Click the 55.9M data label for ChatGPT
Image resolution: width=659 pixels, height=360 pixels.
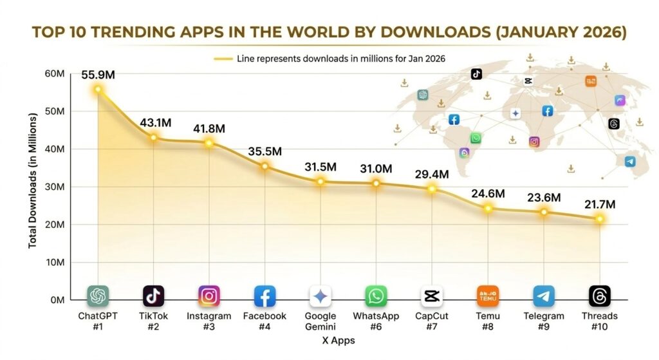pos(98,75)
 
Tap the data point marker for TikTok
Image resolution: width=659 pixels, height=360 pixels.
pos(154,137)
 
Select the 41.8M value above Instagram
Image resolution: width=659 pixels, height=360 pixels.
pos(209,128)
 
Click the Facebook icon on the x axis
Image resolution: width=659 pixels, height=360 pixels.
pos(265,296)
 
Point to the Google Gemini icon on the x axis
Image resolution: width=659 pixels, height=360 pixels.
pos(320,296)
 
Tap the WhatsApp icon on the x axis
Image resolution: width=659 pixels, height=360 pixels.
pos(376,296)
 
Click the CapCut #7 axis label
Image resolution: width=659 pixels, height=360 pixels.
pos(431,321)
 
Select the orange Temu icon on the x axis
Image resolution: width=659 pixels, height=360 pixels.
pos(488,296)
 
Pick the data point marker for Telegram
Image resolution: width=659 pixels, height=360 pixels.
pos(544,212)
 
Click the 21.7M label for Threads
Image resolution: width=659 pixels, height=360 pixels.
pos(599,204)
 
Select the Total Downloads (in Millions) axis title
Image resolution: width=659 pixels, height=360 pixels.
pos(32,187)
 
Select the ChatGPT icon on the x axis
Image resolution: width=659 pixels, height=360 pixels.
pos(98,296)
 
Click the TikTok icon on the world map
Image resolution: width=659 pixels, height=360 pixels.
pos(476,74)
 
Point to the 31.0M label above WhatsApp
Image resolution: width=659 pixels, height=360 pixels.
pos(376,168)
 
